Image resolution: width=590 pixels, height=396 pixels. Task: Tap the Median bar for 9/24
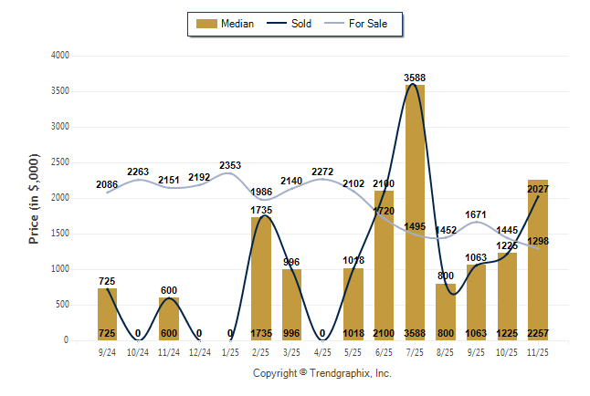pyautogui.click(x=108, y=314)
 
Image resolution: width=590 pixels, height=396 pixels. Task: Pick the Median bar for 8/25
pyautogui.click(x=446, y=311)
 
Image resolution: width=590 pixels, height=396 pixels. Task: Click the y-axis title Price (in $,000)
pyautogui.click(x=35, y=198)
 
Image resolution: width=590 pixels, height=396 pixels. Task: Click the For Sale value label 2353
pyautogui.click(x=230, y=165)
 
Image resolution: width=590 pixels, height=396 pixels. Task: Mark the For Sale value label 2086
pyautogui.click(x=107, y=185)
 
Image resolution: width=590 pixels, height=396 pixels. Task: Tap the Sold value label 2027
pyautogui.click(x=539, y=189)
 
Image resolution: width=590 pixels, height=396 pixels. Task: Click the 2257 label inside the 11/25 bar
pyautogui.click(x=538, y=332)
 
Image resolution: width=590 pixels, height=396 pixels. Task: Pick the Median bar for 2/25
pyautogui.click(x=261, y=278)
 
